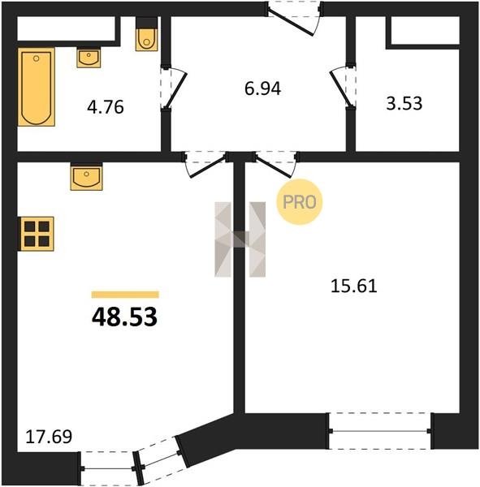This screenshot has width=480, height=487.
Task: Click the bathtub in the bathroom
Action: pos(37,87)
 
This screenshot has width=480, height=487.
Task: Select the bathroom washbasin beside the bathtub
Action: pos(89,58)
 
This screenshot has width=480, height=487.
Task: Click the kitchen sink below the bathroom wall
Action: pos(86,177)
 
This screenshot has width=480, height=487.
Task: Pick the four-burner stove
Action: pos(37,234)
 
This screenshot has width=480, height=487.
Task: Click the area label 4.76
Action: pos(106,107)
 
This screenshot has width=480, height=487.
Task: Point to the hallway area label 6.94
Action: pos(262,88)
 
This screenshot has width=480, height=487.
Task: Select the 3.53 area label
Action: pos(404,103)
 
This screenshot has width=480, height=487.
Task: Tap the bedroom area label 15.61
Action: pos(354,286)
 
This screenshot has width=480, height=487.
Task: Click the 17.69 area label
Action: pos(49,437)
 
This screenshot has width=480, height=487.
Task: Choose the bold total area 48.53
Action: pos(124,317)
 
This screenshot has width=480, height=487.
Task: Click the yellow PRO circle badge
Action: pos(300,202)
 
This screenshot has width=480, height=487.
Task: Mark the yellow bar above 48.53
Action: pos(125,295)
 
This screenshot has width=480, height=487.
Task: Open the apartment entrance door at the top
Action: pos(294,19)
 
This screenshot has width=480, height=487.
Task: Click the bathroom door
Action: pos(174,88)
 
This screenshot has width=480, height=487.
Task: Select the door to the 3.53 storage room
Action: pos(343,87)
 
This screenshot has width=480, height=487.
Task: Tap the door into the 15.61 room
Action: pos(276,164)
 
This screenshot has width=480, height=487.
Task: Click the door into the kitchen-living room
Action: pos(205,164)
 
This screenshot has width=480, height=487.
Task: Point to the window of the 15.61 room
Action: pos(380,431)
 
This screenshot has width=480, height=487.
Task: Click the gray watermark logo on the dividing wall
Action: pos(240,239)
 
